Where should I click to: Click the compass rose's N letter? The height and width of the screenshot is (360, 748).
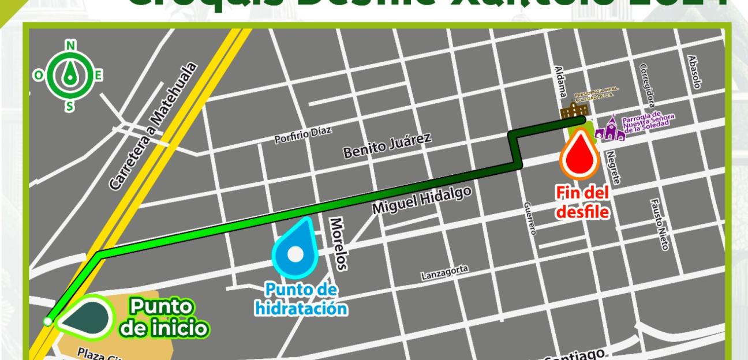coord(70,46)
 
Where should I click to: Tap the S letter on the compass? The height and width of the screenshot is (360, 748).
coord(70,106)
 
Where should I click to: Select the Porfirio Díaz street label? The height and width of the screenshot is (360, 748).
coord(303,134)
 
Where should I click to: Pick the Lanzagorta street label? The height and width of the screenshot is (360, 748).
coord(445,271)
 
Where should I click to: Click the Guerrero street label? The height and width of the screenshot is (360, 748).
coord(530,219)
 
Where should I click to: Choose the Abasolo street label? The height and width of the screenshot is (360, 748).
coord(694,72)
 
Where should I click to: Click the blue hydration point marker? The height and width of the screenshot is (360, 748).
coord(296,251)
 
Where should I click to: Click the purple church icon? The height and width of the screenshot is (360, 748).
coord(609,129)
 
